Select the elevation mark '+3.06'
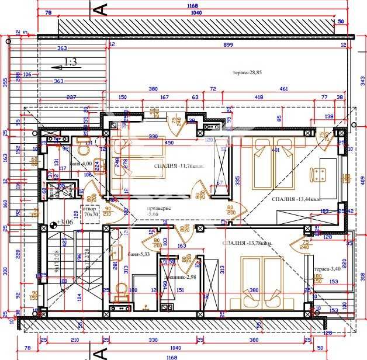tap(64, 222)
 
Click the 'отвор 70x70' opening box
tap(90, 212)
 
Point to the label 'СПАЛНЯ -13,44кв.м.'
tap(296, 199)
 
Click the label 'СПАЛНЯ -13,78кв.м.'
tap(246, 243)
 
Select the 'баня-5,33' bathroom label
tap(139, 254)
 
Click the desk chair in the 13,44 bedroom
tap(320, 174)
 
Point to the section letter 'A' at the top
tap(100, 9)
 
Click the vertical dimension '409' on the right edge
tap(362, 181)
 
